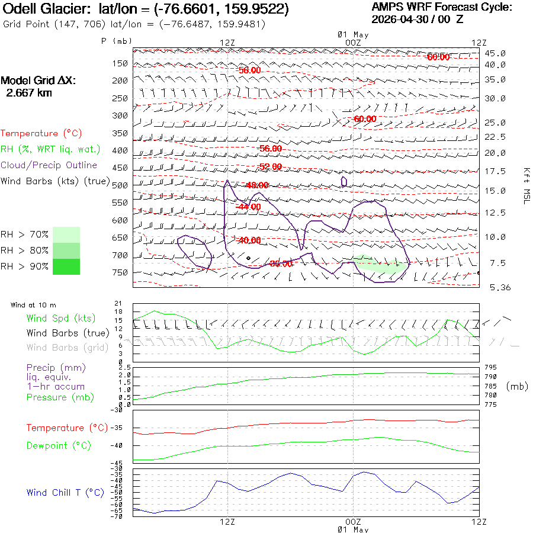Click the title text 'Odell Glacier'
coord(46,9)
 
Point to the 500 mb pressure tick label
coord(120,185)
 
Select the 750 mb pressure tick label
coord(120,272)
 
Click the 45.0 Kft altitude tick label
coord(495,53)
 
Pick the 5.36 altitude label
coord(500,288)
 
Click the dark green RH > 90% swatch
coord(66,267)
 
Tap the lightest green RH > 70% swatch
coord(66,235)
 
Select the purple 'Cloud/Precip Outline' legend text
coord(49,165)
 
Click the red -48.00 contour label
coord(258,185)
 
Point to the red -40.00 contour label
coord(250,240)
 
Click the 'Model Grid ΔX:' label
coord(38,81)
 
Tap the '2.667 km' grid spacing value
coord(29,93)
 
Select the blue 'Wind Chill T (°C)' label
coord(65,493)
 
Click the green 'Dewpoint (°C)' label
coord(59,445)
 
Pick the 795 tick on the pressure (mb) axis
coord(490,367)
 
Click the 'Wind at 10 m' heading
coord(33,305)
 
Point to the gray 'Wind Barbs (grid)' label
coord(68,348)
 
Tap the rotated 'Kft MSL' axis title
coord(526,186)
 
